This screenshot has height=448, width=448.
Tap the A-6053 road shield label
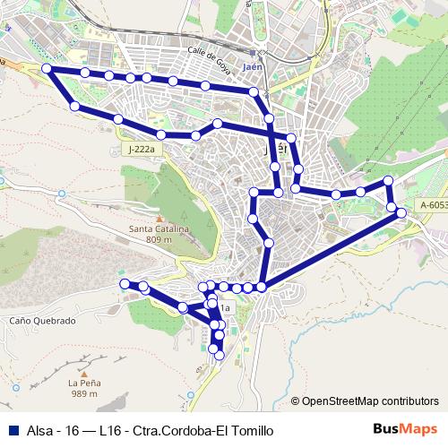pyautogui.click(x=430, y=205)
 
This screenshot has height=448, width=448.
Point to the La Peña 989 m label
pyautogui.click(x=83, y=388)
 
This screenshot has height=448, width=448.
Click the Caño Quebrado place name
pyautogui.click(x=43, y=320)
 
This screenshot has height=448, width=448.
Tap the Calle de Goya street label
pyautogui.click(x=210, y=55)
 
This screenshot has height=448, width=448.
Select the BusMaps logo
pyautogui.click(x=404, y=429)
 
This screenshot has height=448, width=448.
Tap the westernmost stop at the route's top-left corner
pyautogui.click(x=47, y=69)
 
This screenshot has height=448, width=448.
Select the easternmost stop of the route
pyautogui.click(x=401, y=212)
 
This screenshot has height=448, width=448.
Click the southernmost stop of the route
pyautogui.click(x=218, y=356)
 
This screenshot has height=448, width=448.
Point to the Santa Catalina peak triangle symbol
pyautogui.click(x=159, y=219)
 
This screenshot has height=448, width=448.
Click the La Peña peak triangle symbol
pyautogui.click(x=83, y=372)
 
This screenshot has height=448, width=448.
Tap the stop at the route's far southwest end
pyautogui.click(x=125, y=284)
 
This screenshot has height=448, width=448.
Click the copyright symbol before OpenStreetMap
pyautogui.click(x=296, y=401)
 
